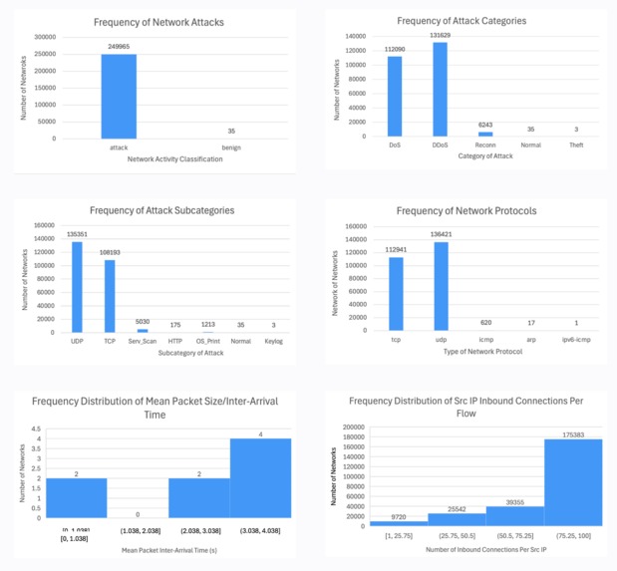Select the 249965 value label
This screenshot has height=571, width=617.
coord(119,47)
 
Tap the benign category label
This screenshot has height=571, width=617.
coord(231,147)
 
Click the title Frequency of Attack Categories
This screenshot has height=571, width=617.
coord(462,20)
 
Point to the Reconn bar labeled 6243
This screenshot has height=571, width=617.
coord(484,134)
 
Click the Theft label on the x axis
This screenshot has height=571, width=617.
coord(576,145)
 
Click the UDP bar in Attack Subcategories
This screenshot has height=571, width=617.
coord(77,286)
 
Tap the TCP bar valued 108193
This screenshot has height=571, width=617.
coord(110,295)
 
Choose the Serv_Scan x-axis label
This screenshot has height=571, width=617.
coord(143,342)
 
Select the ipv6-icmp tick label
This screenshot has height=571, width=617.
coord(575,340)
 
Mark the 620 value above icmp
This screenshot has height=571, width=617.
coord(484,322)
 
